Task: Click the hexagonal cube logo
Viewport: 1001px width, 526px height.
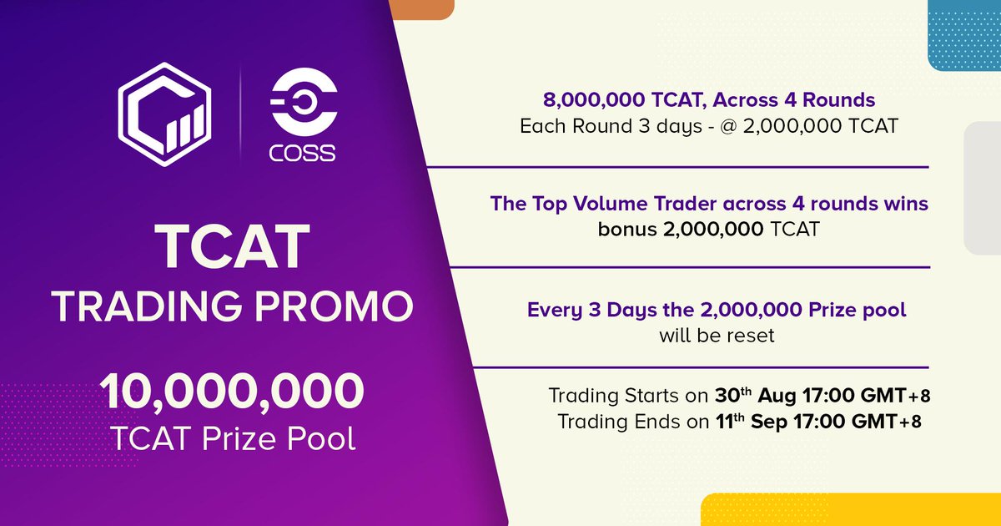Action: [x=164, y=114]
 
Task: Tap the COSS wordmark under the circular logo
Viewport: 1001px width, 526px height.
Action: [x=303, y=153]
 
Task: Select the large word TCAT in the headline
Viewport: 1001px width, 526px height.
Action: [x=233, y=246]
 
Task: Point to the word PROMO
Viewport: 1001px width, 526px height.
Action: [x=335, y=306]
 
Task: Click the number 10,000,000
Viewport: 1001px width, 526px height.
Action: [x=232, y=392]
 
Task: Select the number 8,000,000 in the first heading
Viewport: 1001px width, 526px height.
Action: [x=594, y=99]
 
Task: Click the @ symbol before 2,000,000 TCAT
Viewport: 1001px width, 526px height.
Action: [x=728, y=127]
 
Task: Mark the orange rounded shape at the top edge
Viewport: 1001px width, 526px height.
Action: [x=421, y=9]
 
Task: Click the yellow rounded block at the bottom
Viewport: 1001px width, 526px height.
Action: [x=850, y=509]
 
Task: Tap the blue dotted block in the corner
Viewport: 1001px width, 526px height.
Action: [x=964, y=35]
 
